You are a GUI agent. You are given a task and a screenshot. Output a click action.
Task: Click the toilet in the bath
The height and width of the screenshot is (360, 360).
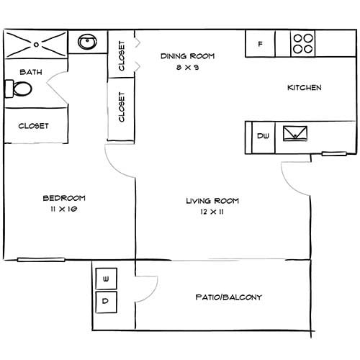click(x=20, y=89)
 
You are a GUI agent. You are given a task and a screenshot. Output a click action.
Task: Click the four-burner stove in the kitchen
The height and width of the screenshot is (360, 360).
click(x=303, y=43)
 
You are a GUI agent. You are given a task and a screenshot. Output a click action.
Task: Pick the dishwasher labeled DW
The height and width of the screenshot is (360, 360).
click(x=263, y=136)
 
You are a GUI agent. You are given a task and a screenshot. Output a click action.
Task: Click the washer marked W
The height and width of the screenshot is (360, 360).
click(x=106, y=279)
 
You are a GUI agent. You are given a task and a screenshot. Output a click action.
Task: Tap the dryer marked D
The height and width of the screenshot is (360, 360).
click(x=106, y=302)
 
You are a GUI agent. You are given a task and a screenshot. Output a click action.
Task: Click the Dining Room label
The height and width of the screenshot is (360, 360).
click(x=188, y=56)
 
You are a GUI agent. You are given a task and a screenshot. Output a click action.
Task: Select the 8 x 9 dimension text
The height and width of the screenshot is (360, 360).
click(x=188, y=67)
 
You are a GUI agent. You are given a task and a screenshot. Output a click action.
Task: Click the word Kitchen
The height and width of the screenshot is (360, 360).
click(x=304, y=88)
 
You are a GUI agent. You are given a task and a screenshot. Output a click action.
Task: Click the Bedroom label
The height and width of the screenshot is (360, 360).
click(x=64, y=198)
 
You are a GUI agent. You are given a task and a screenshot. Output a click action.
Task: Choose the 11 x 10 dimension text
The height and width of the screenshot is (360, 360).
click(x=64, y=209)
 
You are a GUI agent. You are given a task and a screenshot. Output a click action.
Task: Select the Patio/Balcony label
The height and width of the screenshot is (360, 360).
click(x=228, y=297)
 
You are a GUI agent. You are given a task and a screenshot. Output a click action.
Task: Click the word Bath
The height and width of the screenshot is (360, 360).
click(x=30, y=72)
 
